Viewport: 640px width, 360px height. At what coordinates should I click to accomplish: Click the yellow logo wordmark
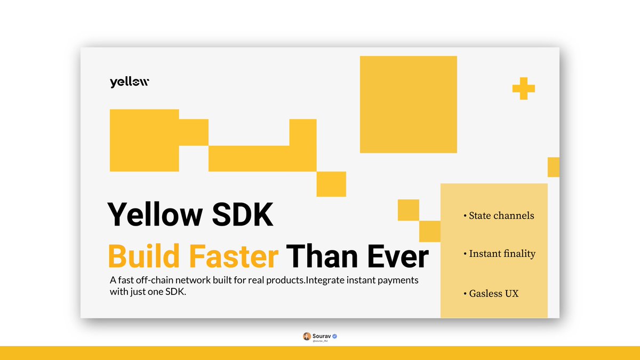[x=130, y=82]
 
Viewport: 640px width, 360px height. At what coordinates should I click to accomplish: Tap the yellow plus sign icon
[x=523, y=89]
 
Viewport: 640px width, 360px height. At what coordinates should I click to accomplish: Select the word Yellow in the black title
[x=155, y=215]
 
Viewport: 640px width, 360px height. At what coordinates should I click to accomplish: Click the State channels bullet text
[x=501, y=215]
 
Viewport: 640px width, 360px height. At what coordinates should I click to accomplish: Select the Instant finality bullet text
[x=502, y=253]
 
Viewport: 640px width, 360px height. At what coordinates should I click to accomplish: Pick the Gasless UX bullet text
[x=493, y=293]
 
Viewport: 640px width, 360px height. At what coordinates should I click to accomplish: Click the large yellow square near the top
[x=408, y=104]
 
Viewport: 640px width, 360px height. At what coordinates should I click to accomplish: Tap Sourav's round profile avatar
[x=307, y=336]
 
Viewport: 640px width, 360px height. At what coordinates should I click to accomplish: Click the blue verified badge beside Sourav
[x=334, y=336]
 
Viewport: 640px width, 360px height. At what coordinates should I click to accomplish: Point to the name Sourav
[x=322, y=336]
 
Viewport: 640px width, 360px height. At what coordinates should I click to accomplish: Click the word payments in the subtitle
[x=397, y=280]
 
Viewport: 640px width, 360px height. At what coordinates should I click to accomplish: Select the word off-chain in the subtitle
[x=150, y=280]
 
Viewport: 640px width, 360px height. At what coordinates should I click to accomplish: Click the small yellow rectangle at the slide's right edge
[x=553, y=167]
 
